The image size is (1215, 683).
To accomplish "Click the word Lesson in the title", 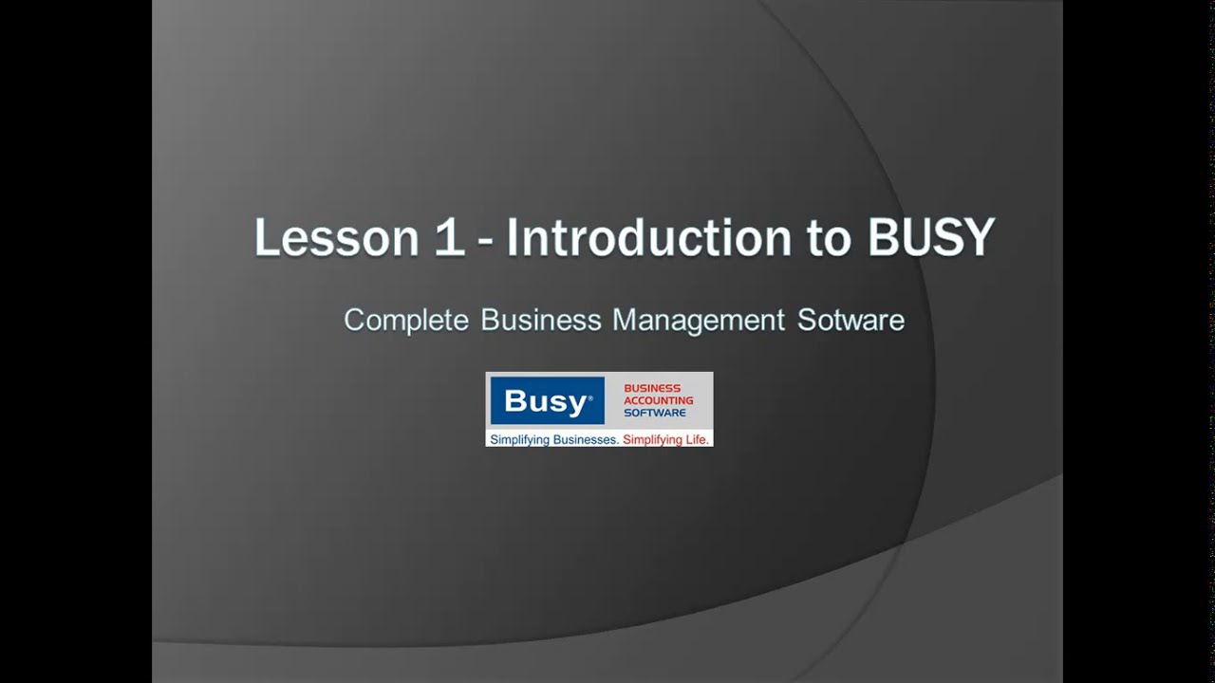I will pos(336,237).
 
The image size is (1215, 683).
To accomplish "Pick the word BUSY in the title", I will pos(930,237).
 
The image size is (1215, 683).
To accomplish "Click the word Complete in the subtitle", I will pos(406,320).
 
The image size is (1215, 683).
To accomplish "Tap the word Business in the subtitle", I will pos(541,320).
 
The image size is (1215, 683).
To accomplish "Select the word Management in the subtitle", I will pos(699,320).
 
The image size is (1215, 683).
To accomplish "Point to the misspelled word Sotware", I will pos(850,320).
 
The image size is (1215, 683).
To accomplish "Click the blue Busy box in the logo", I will pos(547,401).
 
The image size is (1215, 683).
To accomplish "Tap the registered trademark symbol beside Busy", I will pos(590,394).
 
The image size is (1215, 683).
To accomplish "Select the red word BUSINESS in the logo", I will pos(652,388).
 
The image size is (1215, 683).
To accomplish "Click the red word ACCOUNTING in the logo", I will pos(659,400).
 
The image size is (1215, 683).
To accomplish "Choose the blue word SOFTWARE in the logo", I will pos(655,413).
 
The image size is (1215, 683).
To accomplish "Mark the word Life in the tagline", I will pos(698,440).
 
